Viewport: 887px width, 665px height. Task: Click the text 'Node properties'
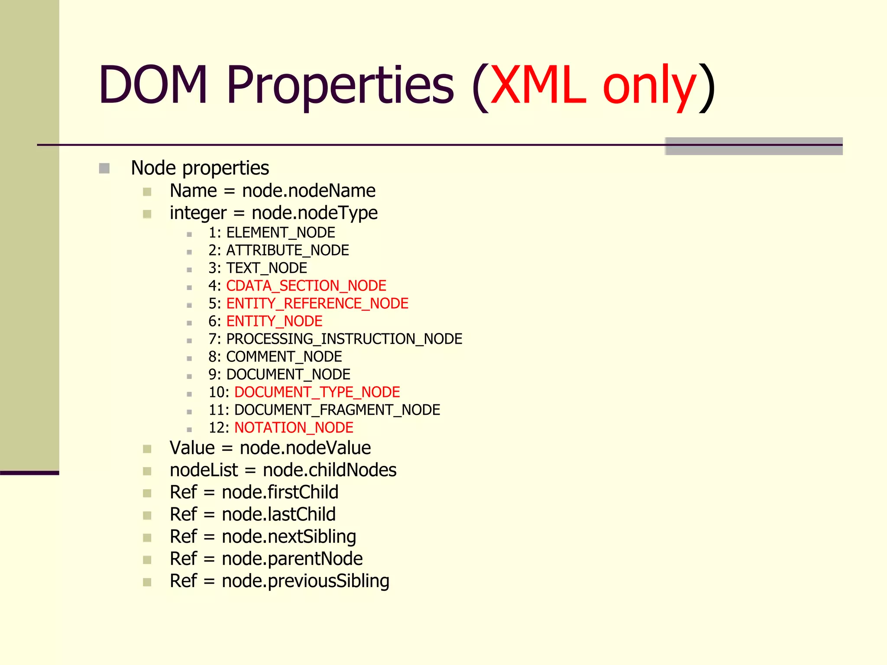click(200, 168)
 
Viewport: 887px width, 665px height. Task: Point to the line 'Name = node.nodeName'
click(272, 191)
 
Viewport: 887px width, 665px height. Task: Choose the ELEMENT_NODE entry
click(280, 233)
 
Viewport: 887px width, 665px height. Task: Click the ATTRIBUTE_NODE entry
click(287, 251)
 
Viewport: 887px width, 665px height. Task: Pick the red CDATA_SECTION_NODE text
click(306, 286)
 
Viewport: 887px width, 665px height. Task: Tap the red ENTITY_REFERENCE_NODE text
click(317, 304)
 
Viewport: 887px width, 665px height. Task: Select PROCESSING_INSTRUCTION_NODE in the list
click(344, 339)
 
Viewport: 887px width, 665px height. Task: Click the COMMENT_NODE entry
click(284, 357)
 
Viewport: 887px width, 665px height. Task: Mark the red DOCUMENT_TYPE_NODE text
click(317, 392)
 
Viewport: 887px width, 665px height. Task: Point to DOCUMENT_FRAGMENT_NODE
click(337, 410)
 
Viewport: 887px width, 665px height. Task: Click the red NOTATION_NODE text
click(294, 428)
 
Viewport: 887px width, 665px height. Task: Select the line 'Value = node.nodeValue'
click(270, 448)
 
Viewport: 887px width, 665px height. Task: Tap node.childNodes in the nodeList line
click(330, 470)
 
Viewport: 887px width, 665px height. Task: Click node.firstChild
click(280, 492)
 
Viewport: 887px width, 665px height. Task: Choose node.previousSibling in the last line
click(305, 581)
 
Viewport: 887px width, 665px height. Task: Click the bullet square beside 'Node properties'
click(104, 168)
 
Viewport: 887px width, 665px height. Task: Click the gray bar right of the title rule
click(754, 146)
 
